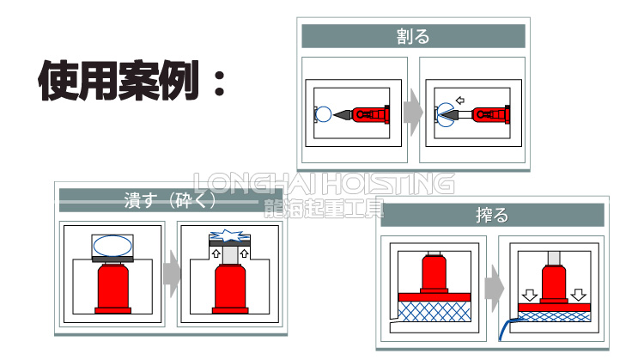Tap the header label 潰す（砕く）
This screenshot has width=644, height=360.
(169, 202)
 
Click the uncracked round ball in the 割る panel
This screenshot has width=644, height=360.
(324, 113)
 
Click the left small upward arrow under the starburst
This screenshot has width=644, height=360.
(217, 255)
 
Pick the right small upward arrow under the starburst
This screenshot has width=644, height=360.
(244, 255)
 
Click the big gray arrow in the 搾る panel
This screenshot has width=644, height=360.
(495, 285)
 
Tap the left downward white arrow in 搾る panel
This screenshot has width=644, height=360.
(531, 295)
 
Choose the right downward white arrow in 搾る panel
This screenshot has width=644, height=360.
(578, 295)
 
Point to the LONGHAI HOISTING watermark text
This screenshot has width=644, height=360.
(323, 183)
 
